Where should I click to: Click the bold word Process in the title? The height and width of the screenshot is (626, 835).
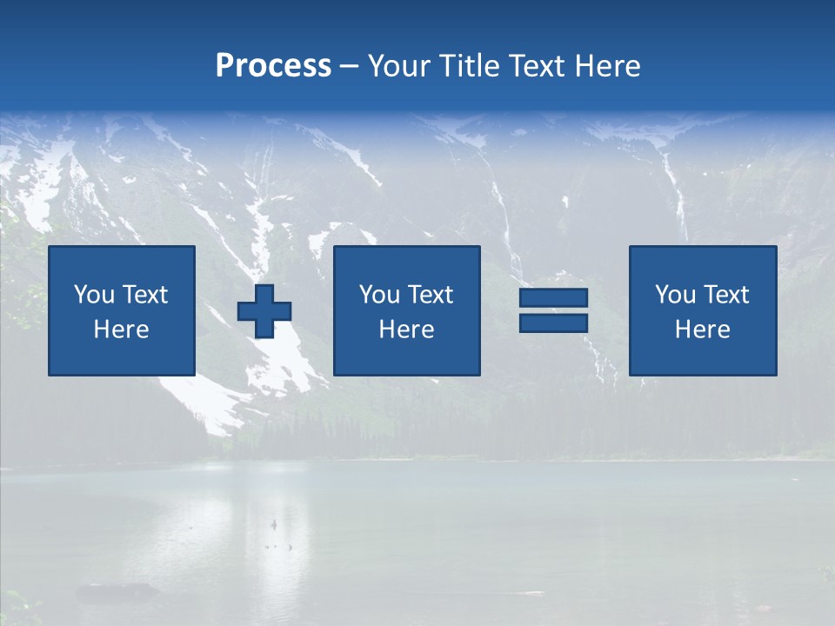(x=273, y=66)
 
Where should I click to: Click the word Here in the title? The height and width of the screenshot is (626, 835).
(x=607, y=66)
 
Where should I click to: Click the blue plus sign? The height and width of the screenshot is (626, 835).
(x=264, y=311)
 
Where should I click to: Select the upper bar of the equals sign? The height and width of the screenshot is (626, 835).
(x=553, y=298)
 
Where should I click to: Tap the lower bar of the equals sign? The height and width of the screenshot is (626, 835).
(x=553, y=323)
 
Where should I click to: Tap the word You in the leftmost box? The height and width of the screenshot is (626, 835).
(x=94, y=295)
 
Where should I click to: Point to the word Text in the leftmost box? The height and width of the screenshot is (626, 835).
(x=144, y=295)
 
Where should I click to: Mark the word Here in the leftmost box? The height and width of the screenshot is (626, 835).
(x=121, y=330)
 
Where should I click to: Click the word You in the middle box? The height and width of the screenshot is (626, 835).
(x=379, y=295)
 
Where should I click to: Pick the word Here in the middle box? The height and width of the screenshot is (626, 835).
(x=406, y=330)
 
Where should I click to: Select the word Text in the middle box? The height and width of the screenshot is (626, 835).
(x=430, y=295)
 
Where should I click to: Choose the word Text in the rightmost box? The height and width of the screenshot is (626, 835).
(x=725, y=295)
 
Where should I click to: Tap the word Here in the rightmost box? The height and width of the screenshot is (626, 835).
(x=702, y=330)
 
